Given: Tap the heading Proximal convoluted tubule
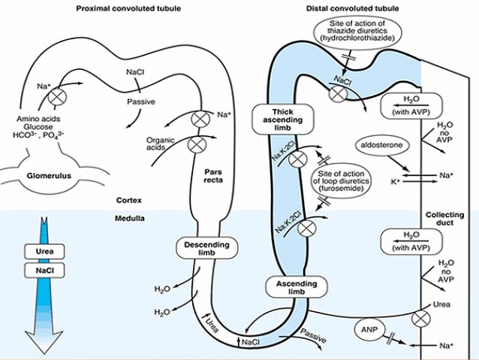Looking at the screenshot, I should point(131,8).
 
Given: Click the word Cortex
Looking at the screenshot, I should point(129,201).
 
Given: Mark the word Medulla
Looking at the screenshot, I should point(130,219).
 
